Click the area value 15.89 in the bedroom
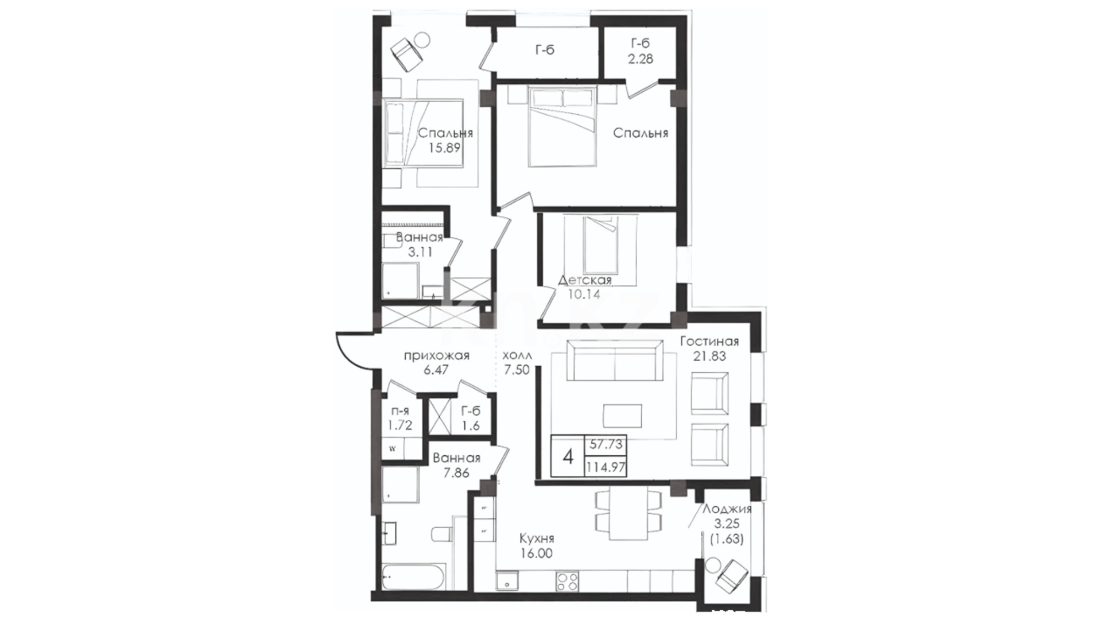pyautogui.click(x=445, y=148)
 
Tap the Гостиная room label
pyautogui.click(x=709, y=342)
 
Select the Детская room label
pyautogui.click(x=585, y=281)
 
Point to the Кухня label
pyautogui.click(x=537, y=539)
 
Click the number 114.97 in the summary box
pyautogui.click(x=606, y=467)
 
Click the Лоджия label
pyautogui.click(x=727, y=509)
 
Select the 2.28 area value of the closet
pyautogui.click(x=641, y=59)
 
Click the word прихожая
pyautogui.click(x=437, y=356)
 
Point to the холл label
pyautogui.click(x=517, y=355)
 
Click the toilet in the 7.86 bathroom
pyautogui.click(x=440, y=534)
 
